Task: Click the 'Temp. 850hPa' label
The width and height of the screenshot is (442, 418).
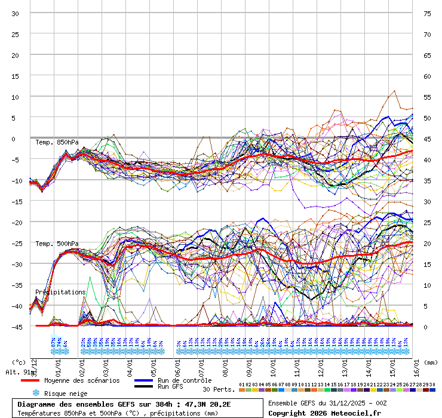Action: click(57, 142)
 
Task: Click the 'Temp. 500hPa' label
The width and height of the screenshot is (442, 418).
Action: click(57, 244)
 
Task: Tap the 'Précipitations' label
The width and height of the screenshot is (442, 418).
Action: click(60, 292)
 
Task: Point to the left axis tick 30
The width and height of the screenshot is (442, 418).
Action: click(16, 13)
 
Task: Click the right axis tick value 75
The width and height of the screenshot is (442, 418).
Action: click(427, 13)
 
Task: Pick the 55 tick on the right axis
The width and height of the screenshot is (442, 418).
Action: click(427, 97)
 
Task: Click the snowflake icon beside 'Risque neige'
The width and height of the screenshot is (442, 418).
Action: click(36, 393)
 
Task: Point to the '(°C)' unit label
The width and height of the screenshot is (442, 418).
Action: click(19, 362)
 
